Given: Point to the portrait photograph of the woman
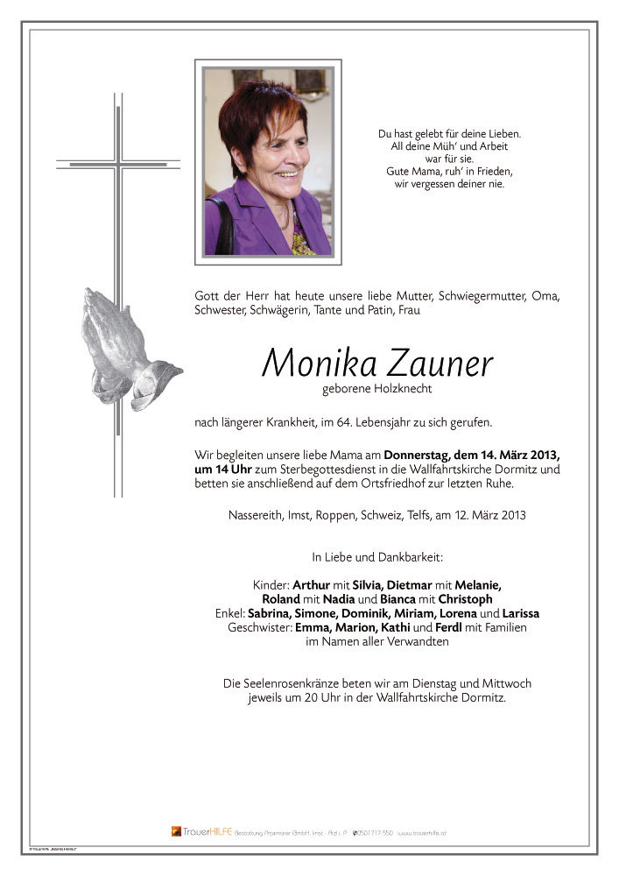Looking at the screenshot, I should pyautogui.click(x=268, y=162).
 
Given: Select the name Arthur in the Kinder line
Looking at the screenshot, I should pyautogui.click(x=312, y=584).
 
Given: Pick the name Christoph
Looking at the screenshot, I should pyautogui.click(x=470, y=599).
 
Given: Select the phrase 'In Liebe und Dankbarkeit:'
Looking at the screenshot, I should pyautogui.click(x=377, y=556).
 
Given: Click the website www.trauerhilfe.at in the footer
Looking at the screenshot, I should pyautogui.click(x=428, y=832).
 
